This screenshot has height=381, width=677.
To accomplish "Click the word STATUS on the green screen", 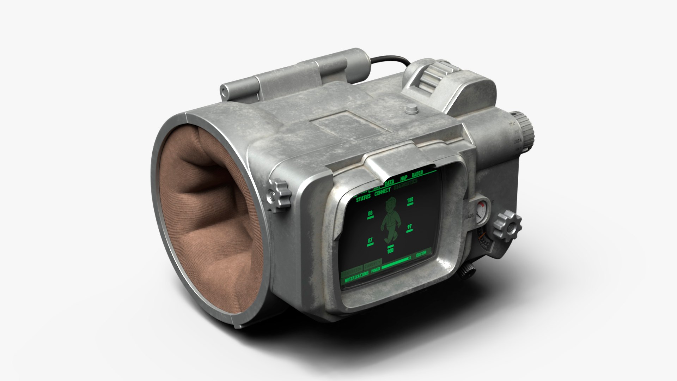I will pos(363,198).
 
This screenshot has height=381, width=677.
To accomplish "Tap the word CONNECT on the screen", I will pos(382,193).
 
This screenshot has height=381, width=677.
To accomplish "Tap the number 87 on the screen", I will pos(370,240).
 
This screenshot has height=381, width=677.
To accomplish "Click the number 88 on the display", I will pos(370,214).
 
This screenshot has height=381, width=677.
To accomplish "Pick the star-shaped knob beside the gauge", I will pos(507,225).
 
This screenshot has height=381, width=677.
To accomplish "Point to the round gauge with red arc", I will pos(481,212).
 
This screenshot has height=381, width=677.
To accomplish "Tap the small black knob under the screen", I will pos(468,271).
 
